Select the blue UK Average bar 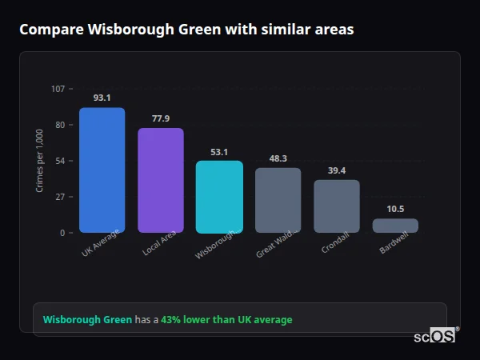[x=102, y=170]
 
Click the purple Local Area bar [x=161, y=181]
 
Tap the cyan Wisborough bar [x=219, y=197]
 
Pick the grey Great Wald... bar [x=278, y=200]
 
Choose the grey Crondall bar [x=336, y=206]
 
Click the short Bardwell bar [x=395, y=226]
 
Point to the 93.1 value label [x=102, y=98]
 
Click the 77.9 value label [x=161, y=118]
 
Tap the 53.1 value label [x=219, y=151]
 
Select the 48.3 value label [x=278, y=158]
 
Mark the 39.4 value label [x=336, y=170]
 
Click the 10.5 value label [x=395, y=209]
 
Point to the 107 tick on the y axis [x=58, y=89]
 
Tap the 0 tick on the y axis [x=62, y=233]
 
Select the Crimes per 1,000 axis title [x=40, y=161]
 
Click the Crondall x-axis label [x=336, y=245]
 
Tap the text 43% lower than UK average [x=226, y=320]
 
